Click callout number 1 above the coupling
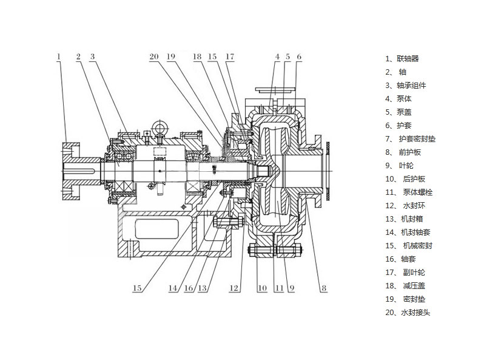pos(59,56)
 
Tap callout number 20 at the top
pos(154,56)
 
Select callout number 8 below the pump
pos(324,288)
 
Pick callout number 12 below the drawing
pos(234,288)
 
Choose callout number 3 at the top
pos(92,56)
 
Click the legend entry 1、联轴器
pos(402,59)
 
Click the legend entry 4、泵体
pos(398,99)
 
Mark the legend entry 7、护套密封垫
pos(409,139)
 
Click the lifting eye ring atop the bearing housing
pos(160,127)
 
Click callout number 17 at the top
pos(229,56)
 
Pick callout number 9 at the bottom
pos(291,288)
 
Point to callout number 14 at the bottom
pos(173,288)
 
